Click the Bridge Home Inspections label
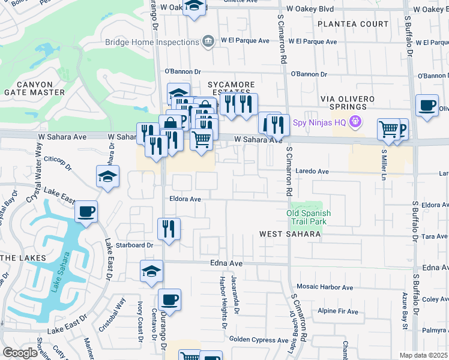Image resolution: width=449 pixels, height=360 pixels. pos(151,41)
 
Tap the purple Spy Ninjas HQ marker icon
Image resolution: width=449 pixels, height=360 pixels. pos(355,122)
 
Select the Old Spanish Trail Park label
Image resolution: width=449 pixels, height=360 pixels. pos(309,217)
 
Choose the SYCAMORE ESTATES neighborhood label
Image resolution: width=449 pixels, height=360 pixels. pos(231,89)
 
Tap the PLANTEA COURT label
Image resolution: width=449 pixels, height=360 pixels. pos(353,24)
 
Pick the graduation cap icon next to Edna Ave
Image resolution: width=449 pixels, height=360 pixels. pos(151,271)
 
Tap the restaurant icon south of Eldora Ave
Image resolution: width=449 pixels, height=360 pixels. pos(169,229)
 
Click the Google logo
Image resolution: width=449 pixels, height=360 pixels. pos(20,353)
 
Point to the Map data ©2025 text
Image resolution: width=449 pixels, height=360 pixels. pos(423,355)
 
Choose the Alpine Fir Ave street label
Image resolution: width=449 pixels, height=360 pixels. pos(338,311)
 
